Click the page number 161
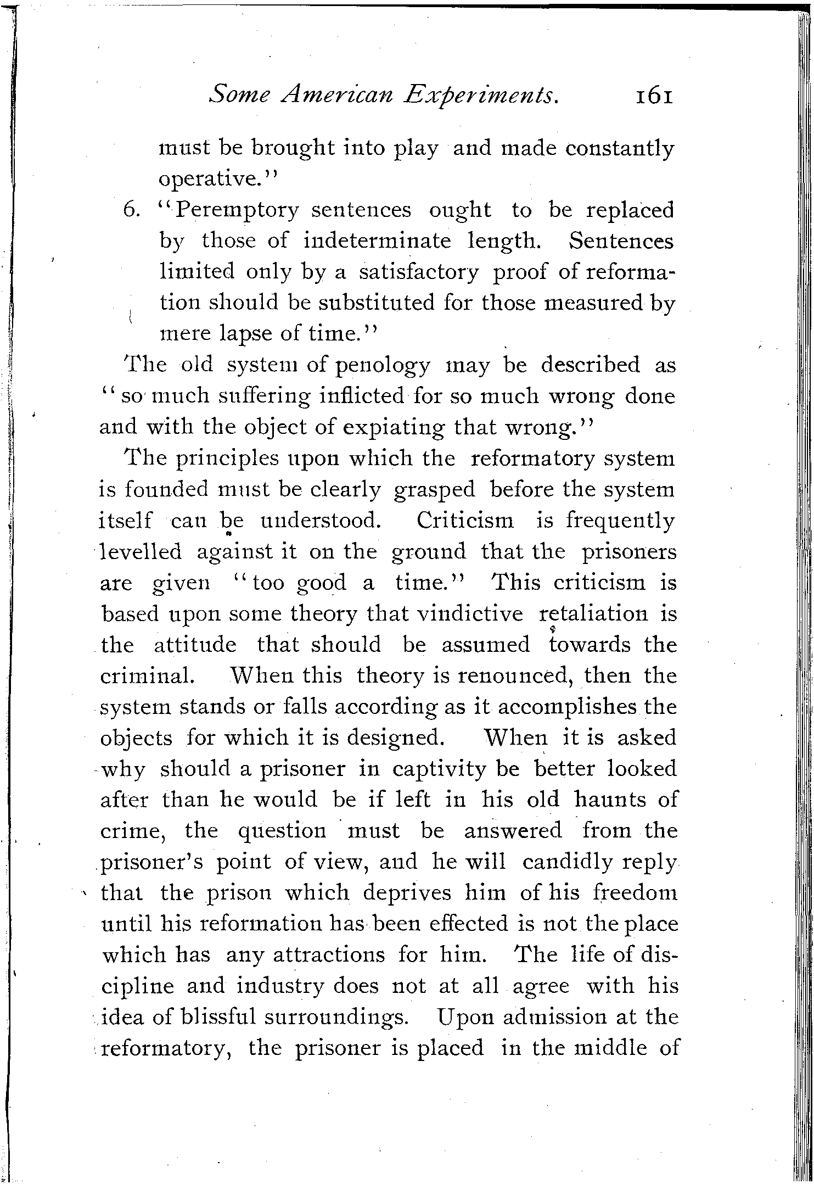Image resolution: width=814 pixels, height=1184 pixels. [653, 96]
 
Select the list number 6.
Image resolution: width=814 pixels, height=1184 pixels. [132, 210]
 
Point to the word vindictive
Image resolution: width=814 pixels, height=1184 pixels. [470, 613]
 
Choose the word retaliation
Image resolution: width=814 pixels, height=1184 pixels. [592, 613]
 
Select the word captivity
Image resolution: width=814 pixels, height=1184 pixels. [439, 769]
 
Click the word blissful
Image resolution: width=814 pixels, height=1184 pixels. [220, 985]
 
